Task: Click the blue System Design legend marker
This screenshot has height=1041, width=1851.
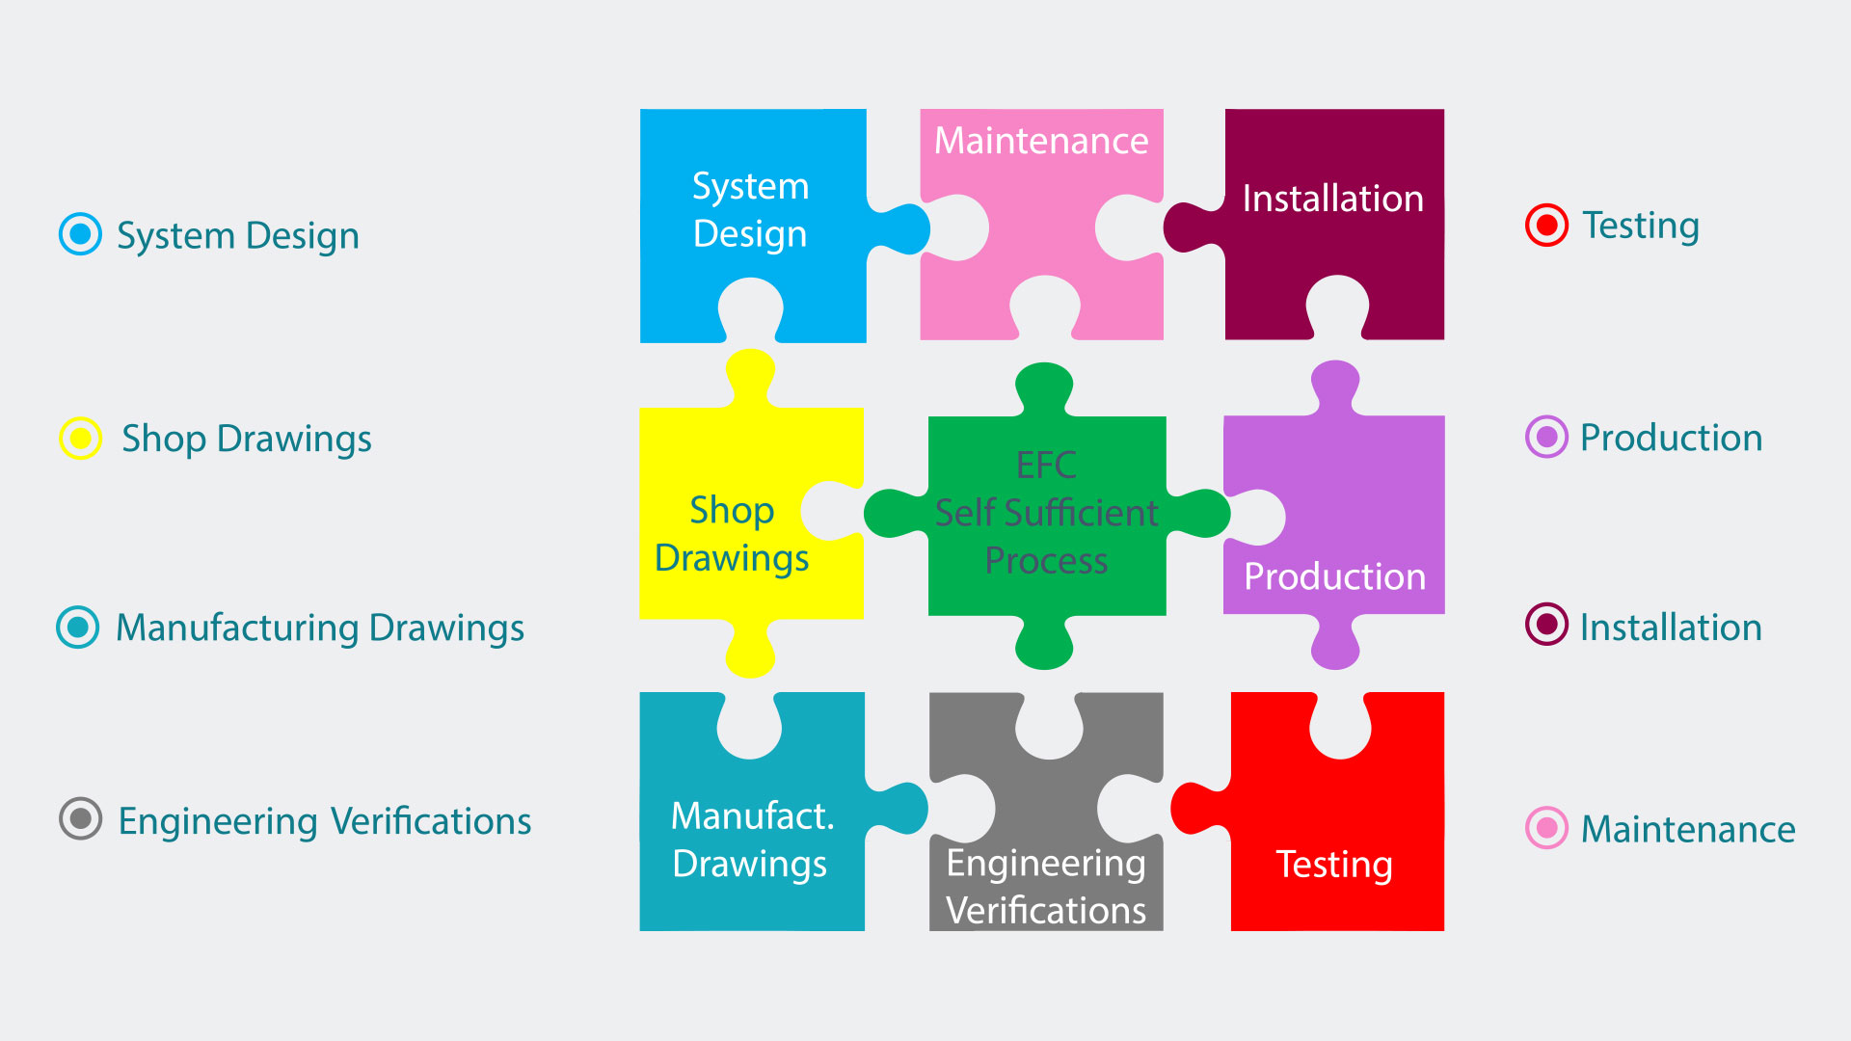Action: click(x=80, y=234)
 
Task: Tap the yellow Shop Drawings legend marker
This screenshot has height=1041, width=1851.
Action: click(x=80, y=439)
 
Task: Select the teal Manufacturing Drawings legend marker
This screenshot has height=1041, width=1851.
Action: click(x=78, y=627)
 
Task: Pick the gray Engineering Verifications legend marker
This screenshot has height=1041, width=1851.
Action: click(x=80, y=819)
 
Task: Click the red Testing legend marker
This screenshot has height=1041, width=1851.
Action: click(x=1546, y=226)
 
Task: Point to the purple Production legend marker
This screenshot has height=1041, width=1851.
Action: click(x=1546, y=438)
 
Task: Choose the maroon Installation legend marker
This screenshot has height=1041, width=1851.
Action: click(x=1546, y=625)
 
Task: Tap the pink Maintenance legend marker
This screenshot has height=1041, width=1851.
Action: click(x=1546, y=828)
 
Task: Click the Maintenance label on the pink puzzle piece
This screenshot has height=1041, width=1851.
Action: click(x=1041, y=142)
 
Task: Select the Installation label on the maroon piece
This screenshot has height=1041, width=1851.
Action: click(x=1332, y=199)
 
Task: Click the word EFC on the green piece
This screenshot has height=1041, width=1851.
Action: click(x=1046, y=466)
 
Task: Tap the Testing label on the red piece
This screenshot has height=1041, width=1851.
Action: click(x=1334, y=865)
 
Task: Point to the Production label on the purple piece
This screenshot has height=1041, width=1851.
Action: click(x=1334, y=576)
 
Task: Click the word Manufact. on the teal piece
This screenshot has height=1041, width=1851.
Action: click(x=752, y=816)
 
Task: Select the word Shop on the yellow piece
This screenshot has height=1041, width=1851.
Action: click(x=732, y=511)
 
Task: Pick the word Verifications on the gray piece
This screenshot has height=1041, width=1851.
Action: click(x=1046, y=910)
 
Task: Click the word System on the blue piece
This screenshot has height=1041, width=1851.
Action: click(x=750, y=186)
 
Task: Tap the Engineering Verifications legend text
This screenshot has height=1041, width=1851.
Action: click(x=325, y=821)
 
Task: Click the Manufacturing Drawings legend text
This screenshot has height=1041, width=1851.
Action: click(x=320, y=627)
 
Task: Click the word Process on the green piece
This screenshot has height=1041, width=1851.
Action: click(x=1046, y=560)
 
